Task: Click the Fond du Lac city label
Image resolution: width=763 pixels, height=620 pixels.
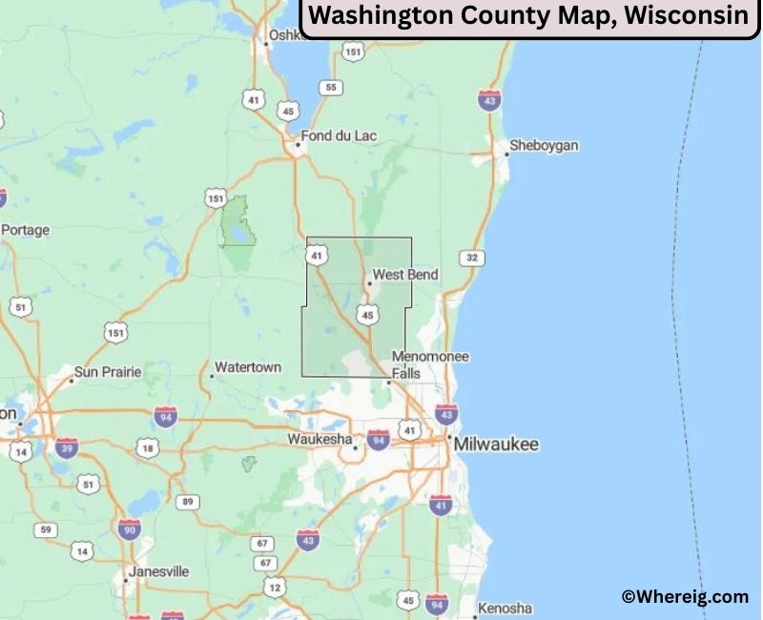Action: [339, 136]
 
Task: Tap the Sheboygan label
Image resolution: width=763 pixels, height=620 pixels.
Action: [544, 146]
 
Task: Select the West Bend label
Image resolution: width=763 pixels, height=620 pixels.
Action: [405, 275]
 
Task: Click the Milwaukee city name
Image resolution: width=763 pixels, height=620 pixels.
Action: [496, 444]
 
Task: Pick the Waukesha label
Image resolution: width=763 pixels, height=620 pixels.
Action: [319, 440]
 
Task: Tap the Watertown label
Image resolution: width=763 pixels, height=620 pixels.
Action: [248, 367]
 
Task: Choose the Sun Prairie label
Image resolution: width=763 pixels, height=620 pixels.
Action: [108, 371]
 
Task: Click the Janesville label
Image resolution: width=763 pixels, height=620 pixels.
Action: [159, 571]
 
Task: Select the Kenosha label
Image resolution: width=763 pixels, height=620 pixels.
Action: [505, 608]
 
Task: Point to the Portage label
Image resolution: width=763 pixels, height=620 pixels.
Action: [26, 230]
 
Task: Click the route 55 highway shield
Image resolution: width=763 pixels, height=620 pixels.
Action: [331, 88]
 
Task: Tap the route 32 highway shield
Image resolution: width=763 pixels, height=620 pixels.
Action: [470, 258]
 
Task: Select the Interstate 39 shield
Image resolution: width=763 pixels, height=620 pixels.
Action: [67, 448]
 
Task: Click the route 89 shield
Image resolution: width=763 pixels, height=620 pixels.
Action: [188, 502]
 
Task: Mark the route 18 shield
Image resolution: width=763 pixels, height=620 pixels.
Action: [147, 448]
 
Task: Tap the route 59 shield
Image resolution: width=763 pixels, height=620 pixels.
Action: [45, 529]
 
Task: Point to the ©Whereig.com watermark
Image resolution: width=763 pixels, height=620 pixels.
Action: [685, 597]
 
